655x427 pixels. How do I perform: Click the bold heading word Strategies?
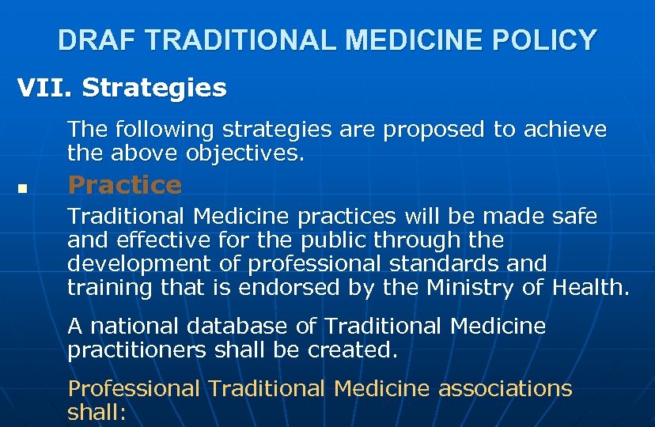pos(154,88)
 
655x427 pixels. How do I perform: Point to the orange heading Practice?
pos(125,185)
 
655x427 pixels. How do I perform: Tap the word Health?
pos(589,287)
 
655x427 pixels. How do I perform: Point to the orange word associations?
pos(505,388)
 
